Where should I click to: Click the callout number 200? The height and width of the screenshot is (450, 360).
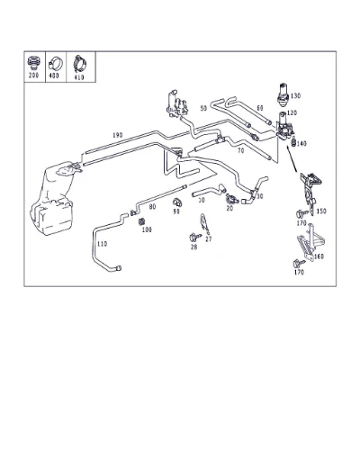point(33,75)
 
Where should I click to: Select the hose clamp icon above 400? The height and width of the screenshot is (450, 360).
point(56,64)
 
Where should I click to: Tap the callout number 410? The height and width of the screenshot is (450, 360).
point(78,77)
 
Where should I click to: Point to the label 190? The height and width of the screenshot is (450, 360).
point(118,135)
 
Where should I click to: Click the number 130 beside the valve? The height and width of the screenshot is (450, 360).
point(295,96)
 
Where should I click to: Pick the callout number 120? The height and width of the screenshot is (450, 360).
point(292,113)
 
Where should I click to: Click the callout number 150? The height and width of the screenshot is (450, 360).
point(321,211)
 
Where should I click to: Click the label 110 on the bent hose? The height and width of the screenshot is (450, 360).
point(102,244)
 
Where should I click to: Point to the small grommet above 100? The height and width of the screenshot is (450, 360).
point(141,222)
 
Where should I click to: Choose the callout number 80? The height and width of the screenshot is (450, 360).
point(152,207)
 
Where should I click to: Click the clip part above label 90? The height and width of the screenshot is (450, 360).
point(177,202)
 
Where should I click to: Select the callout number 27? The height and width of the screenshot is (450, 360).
point(209,239)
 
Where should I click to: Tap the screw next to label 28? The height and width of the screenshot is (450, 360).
point(193,238)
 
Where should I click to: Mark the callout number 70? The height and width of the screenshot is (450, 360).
point(241,151)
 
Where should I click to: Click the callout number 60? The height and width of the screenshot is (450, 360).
point(260,108)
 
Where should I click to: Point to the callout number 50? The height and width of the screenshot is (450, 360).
point(203,108)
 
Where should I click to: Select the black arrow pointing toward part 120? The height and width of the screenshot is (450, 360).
point(292,158)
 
